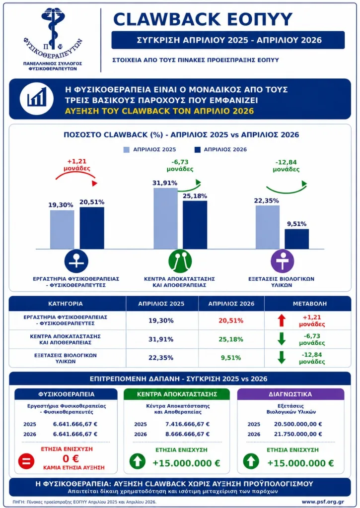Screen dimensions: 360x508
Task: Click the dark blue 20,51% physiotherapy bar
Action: [92, 228]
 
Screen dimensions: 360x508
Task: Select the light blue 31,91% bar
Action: [165, 218]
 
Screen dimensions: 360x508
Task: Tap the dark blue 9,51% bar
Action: [297, 239]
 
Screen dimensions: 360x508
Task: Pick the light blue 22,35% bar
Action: [268, 227]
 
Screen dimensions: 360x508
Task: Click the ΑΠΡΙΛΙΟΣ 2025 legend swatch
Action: [127, 150]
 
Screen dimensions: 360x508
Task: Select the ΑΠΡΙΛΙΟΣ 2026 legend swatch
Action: [197, 150]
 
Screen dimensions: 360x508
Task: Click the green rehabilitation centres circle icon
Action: [180, 261]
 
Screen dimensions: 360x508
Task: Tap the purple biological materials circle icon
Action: [283, 261]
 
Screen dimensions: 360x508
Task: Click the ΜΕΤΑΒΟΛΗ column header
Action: [310, 304]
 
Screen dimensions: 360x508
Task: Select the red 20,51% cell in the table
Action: [230, 320]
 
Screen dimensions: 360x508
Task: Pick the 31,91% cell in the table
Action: [161, 339]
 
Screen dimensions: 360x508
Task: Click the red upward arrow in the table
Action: [282, 320]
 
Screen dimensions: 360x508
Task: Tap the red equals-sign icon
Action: [26, 461]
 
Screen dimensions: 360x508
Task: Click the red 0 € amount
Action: [71, 458]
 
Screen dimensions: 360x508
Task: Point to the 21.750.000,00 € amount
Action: [298, 434]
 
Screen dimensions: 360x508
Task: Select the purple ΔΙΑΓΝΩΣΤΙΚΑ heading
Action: [290, 394]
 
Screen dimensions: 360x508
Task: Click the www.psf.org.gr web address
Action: [323, 502]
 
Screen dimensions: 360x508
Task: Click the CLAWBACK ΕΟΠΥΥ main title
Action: [203, 19]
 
